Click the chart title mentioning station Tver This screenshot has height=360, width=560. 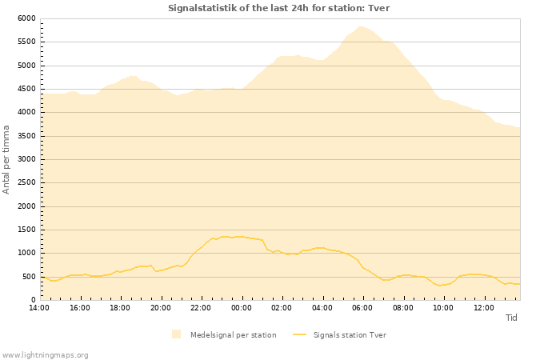(279, 8)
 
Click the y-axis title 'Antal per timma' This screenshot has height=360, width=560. (6, 159)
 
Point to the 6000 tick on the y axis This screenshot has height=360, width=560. (26, 18)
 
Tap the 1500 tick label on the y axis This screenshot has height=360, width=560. (26, 230)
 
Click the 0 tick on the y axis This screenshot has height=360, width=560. (33, 300)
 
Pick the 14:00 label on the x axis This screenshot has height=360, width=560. (39, 307)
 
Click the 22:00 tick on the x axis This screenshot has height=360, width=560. (201, 307)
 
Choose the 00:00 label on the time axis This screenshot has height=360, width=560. (242, 307)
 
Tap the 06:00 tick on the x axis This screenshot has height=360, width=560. (362, 307)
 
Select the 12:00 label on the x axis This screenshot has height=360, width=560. (483, 307)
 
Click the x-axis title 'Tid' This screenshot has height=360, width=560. (511, 318)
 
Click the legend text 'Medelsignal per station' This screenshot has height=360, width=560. (233, 335)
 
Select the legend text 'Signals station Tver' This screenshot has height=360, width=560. (350, 335)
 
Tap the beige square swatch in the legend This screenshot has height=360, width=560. (176, 334)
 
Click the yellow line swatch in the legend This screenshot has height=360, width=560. (299, 334)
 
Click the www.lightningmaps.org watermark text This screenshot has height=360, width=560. (45, 354)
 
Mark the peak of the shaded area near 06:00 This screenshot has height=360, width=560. (362, 26)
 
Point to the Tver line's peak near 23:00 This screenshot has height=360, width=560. (224, 236)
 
